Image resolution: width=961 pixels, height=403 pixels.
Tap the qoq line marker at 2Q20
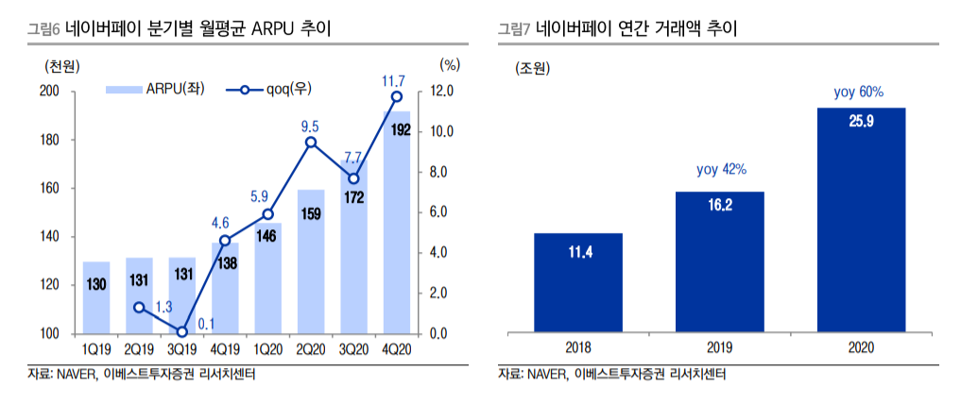[311, 143]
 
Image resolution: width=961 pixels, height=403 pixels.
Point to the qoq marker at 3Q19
[182, 331]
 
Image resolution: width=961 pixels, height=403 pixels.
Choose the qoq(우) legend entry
[269, 90]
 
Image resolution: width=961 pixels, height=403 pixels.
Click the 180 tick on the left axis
[48, 140]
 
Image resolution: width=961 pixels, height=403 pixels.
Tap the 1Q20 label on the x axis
[267, 348]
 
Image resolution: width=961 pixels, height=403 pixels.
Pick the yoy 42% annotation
[721, 170]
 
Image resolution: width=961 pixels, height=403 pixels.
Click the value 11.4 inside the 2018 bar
[580, 252]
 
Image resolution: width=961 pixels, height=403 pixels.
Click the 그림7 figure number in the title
[515, 28]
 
